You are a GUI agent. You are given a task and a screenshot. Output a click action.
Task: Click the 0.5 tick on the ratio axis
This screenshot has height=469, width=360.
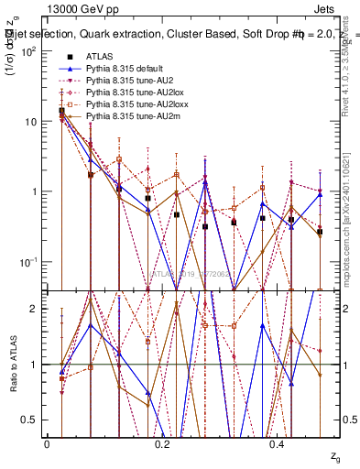[30, 420]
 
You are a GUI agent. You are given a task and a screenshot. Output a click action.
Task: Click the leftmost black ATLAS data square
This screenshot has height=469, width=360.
[61, 111]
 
